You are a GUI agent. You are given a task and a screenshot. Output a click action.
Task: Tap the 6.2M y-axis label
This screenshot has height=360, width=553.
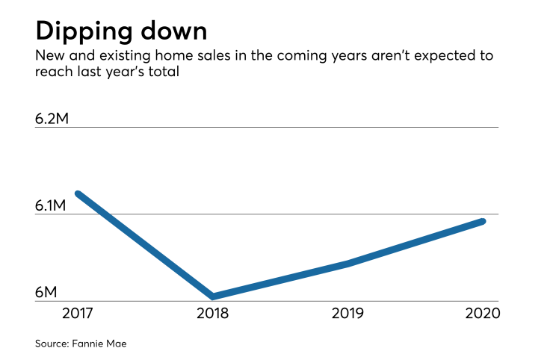click(56, 118)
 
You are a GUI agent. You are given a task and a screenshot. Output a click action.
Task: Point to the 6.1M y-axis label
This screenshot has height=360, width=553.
click(55, 205)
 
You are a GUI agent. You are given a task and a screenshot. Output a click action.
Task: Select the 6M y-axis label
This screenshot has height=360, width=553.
click(46, 292)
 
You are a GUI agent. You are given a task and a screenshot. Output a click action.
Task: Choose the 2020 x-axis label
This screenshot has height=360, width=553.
click(482, 313)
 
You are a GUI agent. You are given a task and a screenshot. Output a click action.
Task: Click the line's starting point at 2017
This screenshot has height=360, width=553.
click(78, 194)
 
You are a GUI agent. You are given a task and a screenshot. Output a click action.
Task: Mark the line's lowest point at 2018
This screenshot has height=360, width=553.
click(214, 297)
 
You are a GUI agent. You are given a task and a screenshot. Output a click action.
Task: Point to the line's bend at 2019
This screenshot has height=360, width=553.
click(349, 263)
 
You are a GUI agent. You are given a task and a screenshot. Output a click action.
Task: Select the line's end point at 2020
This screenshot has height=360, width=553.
click(483, 221)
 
